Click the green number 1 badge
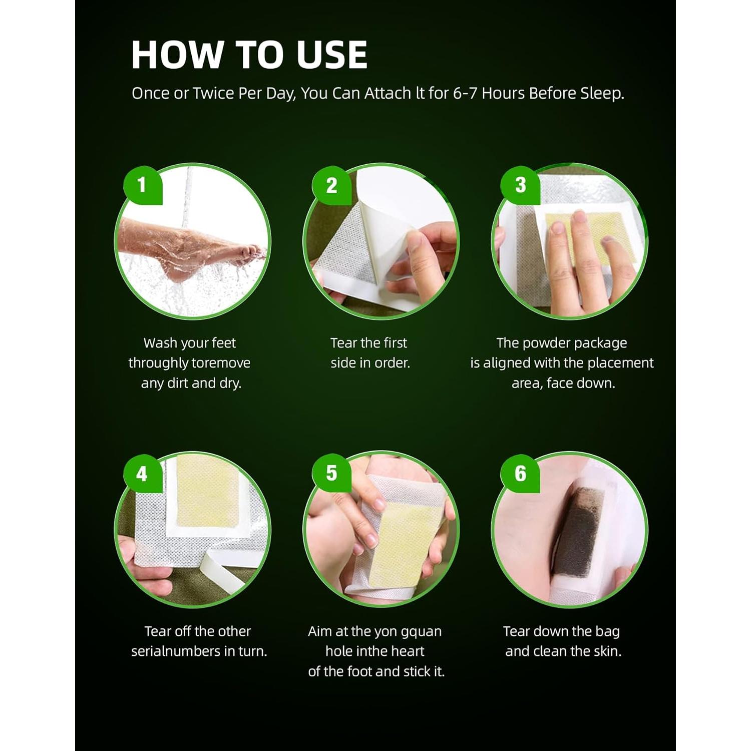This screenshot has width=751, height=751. tap(143, 185)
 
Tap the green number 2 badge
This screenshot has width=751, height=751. tap(331, 185)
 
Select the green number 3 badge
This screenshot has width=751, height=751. tap(520, 185)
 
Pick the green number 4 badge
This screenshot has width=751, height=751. tap(143, 474)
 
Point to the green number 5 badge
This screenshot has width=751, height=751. tap(331, 474)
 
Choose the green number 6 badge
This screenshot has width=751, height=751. tap(520, 474)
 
